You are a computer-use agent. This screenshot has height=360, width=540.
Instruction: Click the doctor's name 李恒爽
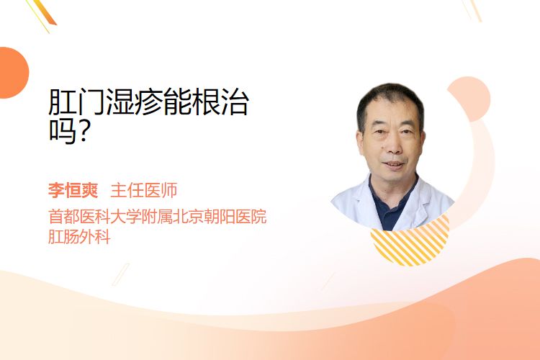(x=73, y=191)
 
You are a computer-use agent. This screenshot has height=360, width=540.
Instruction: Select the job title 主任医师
(x=144, y=191)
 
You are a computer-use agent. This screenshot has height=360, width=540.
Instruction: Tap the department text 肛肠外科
(x=79, y=237)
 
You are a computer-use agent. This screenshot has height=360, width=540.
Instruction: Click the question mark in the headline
(x=83, y=131)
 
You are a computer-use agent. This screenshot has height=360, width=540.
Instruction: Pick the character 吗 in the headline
(x=63, y=131)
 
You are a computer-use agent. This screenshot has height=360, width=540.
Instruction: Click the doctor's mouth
(x=394, y=164)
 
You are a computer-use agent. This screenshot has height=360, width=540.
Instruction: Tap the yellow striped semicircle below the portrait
(x=410, y=246)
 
